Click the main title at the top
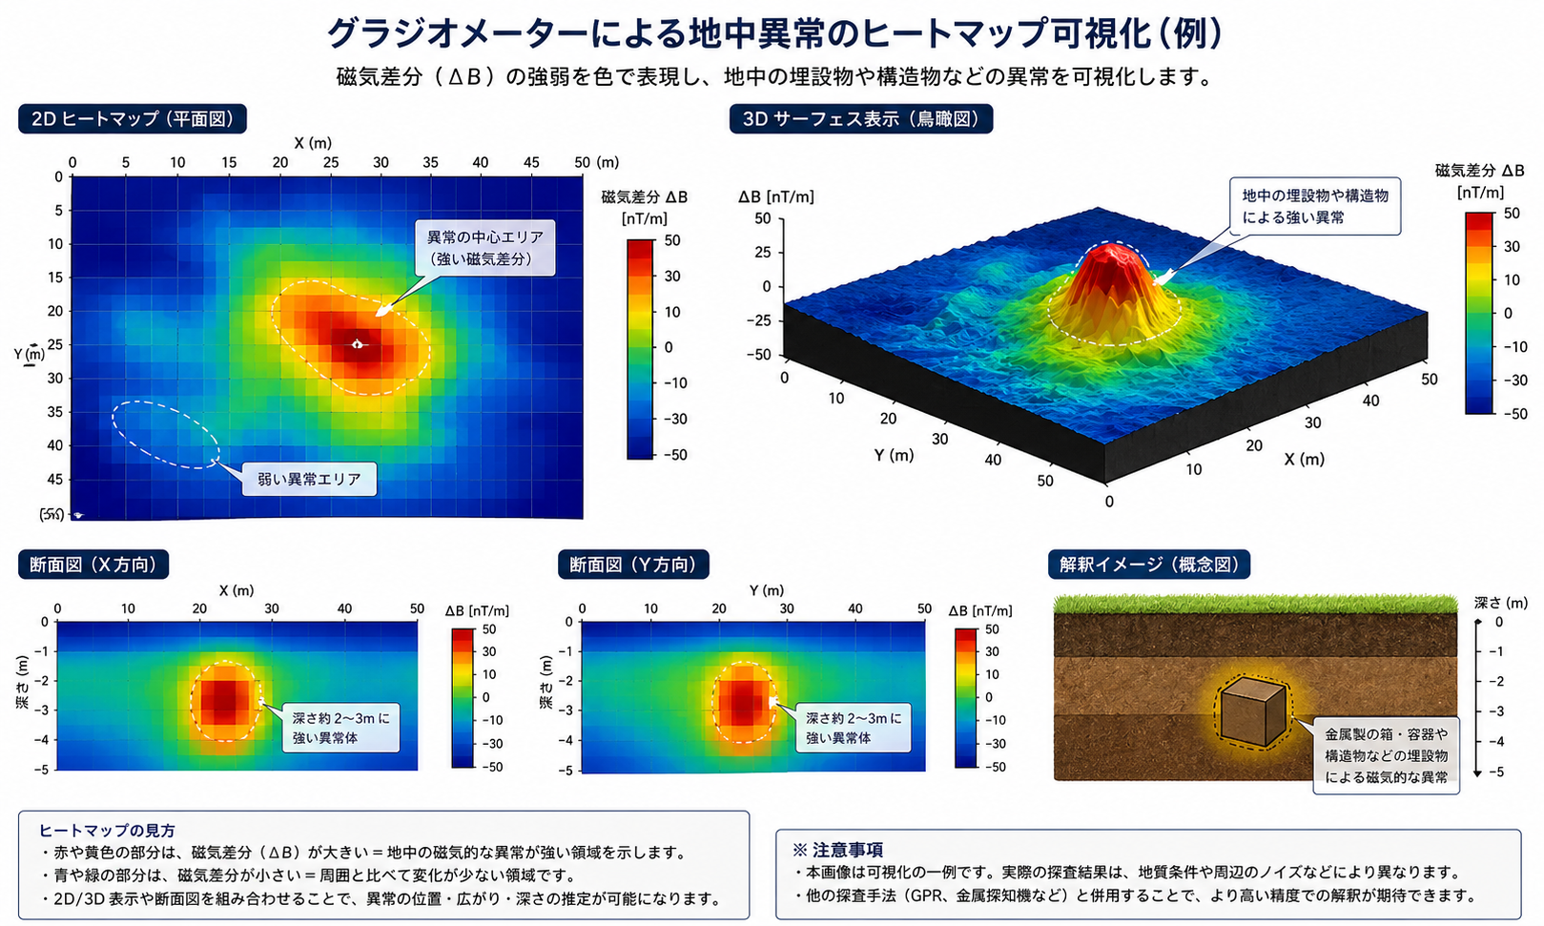pos(774,33)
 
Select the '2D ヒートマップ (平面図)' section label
pos(133,119)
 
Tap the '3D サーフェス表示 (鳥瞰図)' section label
pos(860,119)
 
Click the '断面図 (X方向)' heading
pos(93,565)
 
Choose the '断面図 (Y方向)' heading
pos(633,565)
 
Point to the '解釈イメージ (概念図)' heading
pos(1148,565)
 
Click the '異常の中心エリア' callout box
pos(484,248)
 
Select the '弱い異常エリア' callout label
pos(309,479)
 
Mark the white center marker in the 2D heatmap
pos(358,343)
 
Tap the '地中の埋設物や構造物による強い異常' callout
pos(1314,206)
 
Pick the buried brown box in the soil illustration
pos(1252,711)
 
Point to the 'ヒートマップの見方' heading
pos(107,830)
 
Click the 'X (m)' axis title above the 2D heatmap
pos(313,143)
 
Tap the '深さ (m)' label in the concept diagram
pos(1500,603)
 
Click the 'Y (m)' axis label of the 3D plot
pos(894,455)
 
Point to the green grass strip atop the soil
pos(1254,603)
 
